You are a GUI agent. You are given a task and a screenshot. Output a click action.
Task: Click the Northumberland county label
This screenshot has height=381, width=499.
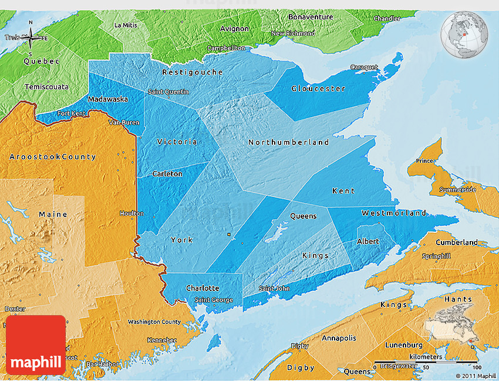pos(288,142)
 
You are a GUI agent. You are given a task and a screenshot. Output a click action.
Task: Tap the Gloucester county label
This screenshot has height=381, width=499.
pos(318,89)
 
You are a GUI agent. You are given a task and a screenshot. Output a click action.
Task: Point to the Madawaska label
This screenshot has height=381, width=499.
pos(108,99)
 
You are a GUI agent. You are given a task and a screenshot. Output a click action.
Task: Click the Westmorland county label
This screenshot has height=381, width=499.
pos(394,213)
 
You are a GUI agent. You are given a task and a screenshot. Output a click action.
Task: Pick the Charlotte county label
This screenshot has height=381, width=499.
pos(203,288)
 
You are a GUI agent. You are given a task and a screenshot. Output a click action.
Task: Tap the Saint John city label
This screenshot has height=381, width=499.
pos(274,288)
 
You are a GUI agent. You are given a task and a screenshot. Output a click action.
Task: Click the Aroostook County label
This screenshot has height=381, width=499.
pos(53,157)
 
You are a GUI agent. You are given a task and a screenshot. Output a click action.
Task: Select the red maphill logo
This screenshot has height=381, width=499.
pos(35,345)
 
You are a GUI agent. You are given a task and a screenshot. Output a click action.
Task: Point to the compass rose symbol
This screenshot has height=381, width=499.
pos(31,38)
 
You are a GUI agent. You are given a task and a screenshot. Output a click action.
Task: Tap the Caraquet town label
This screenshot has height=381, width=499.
pos(364,67)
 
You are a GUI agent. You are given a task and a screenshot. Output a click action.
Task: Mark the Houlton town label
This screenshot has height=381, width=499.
pos(131,213)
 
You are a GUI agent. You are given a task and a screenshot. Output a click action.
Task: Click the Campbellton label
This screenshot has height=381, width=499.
pos(226,48)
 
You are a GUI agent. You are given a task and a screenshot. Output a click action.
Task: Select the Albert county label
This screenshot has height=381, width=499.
pos(368,242)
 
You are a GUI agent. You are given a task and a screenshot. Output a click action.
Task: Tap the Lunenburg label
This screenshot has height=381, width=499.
pos(403,345)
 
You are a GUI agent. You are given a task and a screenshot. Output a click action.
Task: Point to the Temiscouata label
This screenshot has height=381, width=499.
pos(46,87)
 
